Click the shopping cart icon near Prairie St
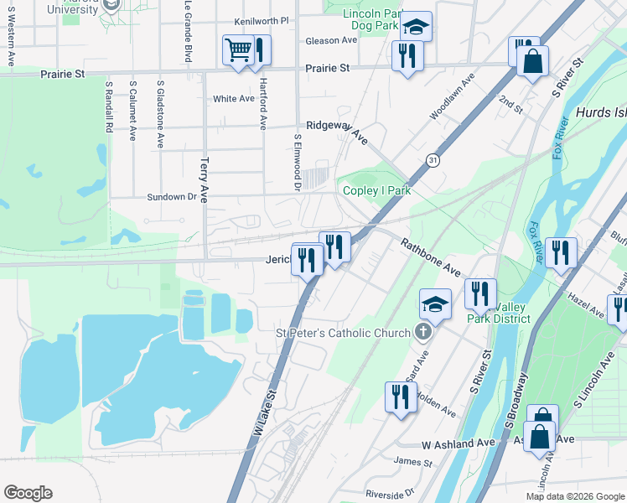click(x=238, y=50)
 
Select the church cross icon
click(x=424, y=333)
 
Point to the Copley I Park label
click(x=377, y=190)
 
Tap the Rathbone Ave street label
click(x=430, y=257)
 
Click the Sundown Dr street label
click(x=171, y=197)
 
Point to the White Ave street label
click(x=233, y=99)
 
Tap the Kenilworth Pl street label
click(x=262, y=20)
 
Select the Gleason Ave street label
click(x=308, y=40)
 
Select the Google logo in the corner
click(x=28, y=493)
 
